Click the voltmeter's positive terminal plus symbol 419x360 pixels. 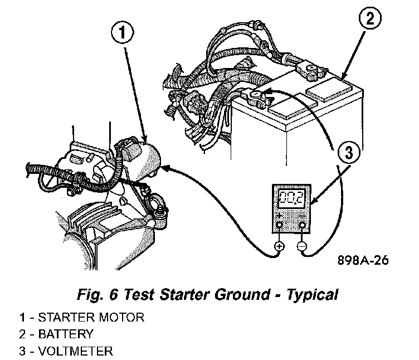[x=279, y=246]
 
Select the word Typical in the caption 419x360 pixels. [x=311, y=294]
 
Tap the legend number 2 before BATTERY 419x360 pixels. [x=21, y=334]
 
